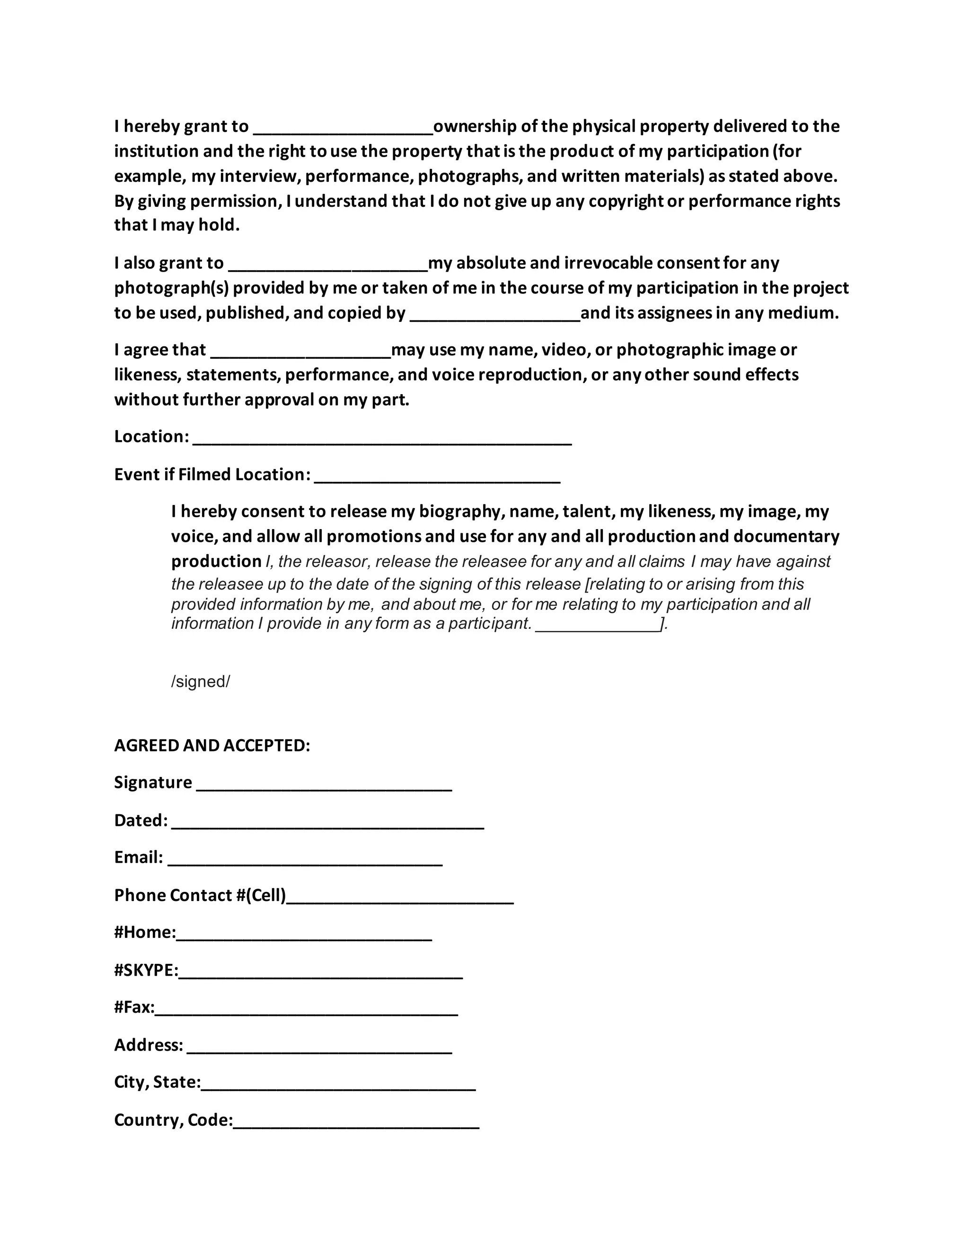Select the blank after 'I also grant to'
pyautogui.click(x=328, y=267)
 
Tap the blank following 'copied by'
pyautogui.click(x=495, y=318)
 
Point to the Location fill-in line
pyautogui.click(x=382, y=441)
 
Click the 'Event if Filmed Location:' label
pyautogui.click(x=212, y=474)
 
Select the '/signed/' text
pyautogui.click(x=200, y=681)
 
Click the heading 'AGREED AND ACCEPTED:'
pyautogui.click(x=212, y=745)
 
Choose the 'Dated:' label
pyautogui.click(x=141, y=820)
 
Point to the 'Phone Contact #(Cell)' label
pyautogui.click(x=200, y=895)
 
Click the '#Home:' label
pyautogui.click(x=145, y=932)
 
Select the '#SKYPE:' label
pyautogui.click(x=146, y=970)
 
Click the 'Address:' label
pyautogui.click(x=148, y=1044)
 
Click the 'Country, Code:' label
pyautogui.click(x=173, y=1120)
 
